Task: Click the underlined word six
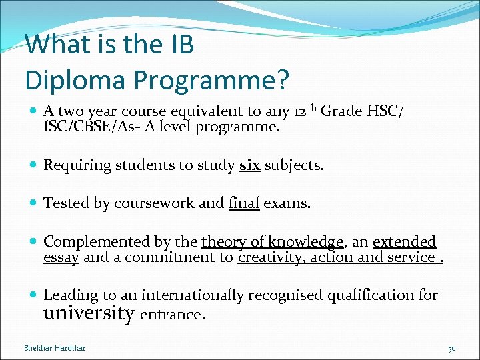[249, 165]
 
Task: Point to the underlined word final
[243, 203]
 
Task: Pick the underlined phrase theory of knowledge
[273, 241]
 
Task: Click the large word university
[89, 313]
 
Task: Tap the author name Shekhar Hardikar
[55, 348]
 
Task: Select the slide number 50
[451, 348]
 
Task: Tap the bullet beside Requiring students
[33, 165]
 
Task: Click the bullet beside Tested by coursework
[33, 203]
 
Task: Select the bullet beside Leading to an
[33, 295]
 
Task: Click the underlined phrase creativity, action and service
[337, 257]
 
